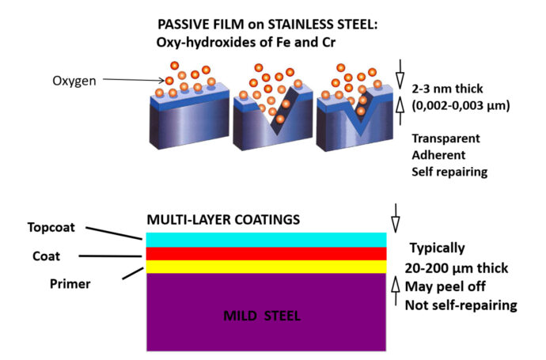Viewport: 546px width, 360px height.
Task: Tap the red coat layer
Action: pos(266,253)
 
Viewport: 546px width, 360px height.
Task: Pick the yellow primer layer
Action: pos(266,267)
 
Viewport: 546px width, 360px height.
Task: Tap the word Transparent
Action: pos(447,138)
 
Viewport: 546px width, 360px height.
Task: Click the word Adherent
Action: pos(439,155)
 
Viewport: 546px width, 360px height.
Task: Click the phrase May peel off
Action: pos(443,285)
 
